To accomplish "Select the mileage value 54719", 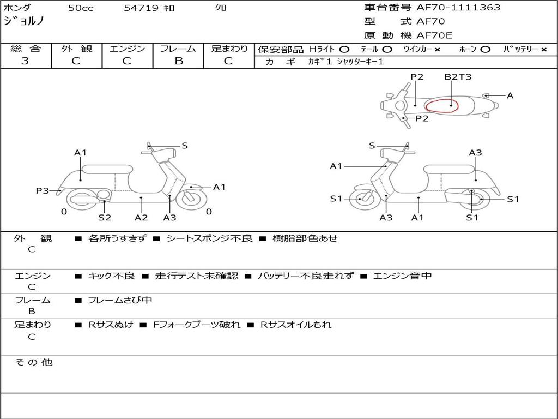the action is tap(141, 8).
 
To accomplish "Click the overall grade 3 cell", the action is tap(25, 61).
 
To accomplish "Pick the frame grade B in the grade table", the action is tap(179, 61).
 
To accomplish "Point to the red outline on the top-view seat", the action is tap(441, 105).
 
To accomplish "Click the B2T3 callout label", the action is tap(458, 77).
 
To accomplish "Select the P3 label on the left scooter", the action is tap(42, 190).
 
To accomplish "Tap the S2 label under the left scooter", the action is tap(105, 218).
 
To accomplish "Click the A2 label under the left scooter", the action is tap(141, 218).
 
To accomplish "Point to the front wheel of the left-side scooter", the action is tap(192, 199).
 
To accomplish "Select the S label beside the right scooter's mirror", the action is tap(372, 146).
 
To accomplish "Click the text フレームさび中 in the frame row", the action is tap(120, 300).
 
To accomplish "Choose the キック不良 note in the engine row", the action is tap(111, 276).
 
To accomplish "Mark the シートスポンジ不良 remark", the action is tap(209, 238).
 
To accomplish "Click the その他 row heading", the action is tap(33, 362).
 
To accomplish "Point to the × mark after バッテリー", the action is tap(544, 50).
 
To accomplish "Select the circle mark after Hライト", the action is tap(344, 50).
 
